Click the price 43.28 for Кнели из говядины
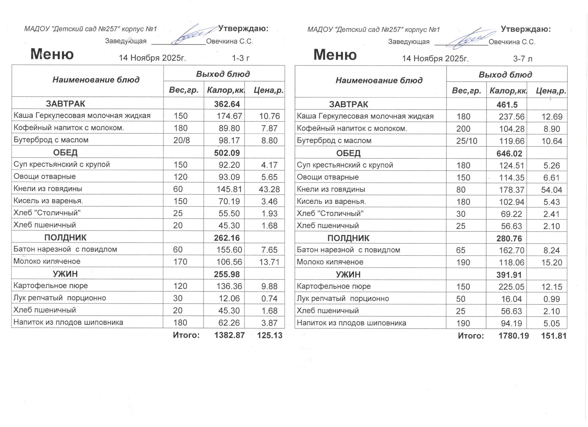(269, 189)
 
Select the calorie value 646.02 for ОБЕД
(509, 153)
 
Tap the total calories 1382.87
(229, 335)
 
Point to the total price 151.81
(554, 336)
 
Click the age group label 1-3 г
(241, 58)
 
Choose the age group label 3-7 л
(523, 59)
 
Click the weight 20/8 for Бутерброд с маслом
(182, 140)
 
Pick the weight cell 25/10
(467, 141)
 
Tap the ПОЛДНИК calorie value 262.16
(227, 238)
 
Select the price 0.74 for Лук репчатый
(269, 299)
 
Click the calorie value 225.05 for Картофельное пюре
(511, 287)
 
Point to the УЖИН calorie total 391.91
(509, 275)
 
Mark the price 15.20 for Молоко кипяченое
(552, 262)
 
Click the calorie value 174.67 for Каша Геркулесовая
(229, 116)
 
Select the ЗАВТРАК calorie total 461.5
(507, 104)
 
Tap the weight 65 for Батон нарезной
(461, 250)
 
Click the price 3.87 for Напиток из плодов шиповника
(269, 323)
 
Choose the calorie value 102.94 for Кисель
(512, 202)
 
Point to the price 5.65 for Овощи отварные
(269, 177)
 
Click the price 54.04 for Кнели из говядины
(552, 190)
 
